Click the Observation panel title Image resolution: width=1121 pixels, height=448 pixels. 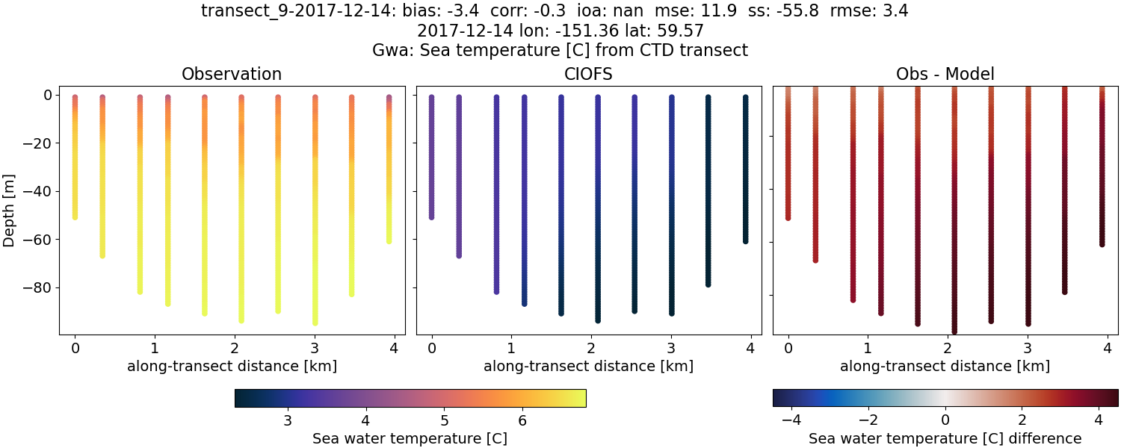click(232, 74)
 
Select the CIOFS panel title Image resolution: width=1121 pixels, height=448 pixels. click(589, 74)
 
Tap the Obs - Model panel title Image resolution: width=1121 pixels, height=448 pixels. click(945, 74)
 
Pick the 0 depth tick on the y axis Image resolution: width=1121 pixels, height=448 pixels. click(47, 96)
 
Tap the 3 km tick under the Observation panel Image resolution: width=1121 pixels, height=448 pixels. click(315, 348)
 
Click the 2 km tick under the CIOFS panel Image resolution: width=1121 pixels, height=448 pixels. click(591, 348)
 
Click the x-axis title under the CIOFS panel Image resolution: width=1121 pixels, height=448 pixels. click(589, 367)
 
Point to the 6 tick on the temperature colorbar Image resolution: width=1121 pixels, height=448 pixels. click(522, 420)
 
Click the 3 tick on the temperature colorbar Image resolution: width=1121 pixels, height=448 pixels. click(288, 420)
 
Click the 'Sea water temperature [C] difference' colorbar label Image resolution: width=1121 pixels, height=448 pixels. click(945, 438)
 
